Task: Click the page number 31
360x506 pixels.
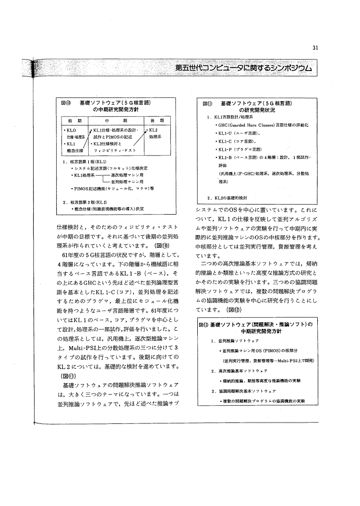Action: tap(315, 47)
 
